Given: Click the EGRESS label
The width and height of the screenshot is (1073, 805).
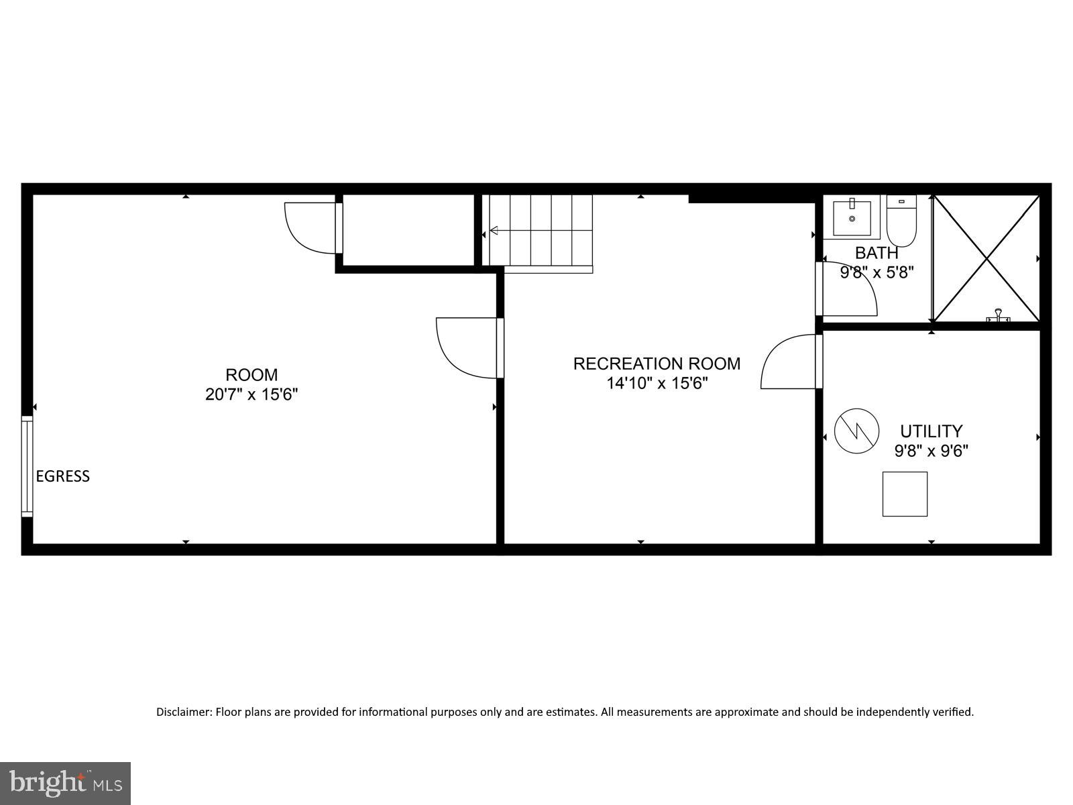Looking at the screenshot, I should point(62,476).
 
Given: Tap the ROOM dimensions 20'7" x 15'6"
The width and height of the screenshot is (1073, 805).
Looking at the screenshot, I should point(251,394).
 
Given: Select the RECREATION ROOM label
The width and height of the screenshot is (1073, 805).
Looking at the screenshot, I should point(657,364).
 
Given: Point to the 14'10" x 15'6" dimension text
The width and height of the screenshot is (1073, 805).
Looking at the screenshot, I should point(657,384).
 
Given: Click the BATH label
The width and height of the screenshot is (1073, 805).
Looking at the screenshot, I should point(877,254).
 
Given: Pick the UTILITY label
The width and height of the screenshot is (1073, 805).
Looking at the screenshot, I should point(931,431).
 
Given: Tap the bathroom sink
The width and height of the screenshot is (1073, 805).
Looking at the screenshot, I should point(852,217).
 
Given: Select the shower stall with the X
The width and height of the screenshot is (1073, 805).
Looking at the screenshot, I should point(986,258).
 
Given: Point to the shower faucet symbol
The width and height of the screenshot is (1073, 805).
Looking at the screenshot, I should point(999,315).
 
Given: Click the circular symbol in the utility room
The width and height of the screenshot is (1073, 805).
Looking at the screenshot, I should point(856,431).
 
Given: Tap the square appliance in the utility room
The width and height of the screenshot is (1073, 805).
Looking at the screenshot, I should point(905,494).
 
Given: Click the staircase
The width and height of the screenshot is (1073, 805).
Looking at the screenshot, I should point(541,231).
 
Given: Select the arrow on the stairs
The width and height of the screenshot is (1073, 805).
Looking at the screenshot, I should point(495,231).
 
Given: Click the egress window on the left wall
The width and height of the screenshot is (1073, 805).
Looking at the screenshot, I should point(27,466).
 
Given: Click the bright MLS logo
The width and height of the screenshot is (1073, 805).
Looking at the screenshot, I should point(66,783).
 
